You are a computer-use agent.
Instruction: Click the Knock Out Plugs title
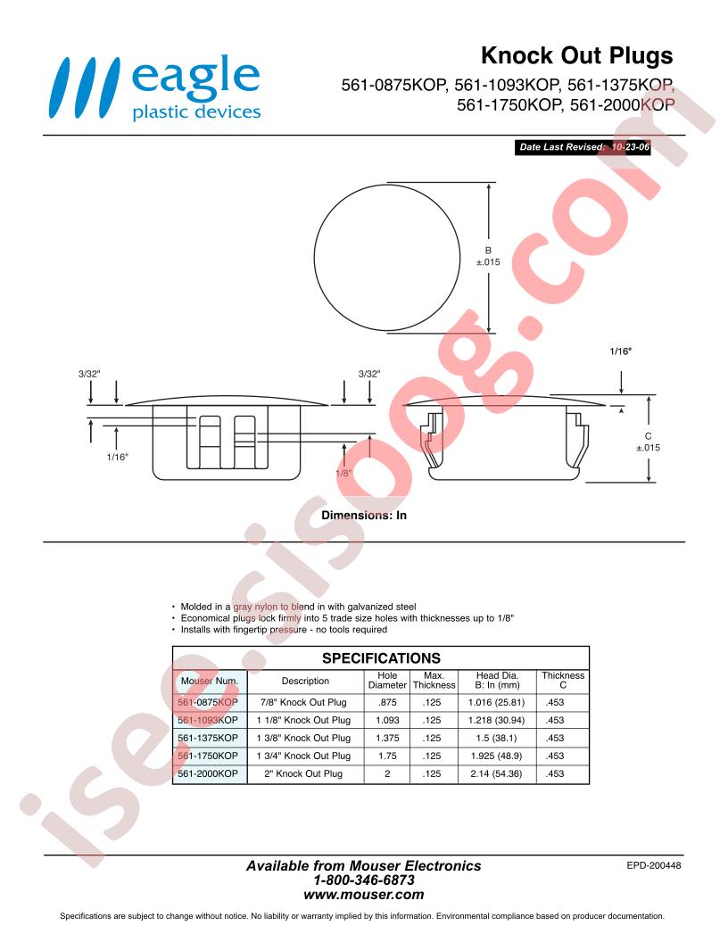click(576, 56)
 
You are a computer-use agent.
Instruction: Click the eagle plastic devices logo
click(155, 87)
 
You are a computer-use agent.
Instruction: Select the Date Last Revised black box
click(583, 147)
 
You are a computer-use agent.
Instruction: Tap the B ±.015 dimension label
click(488, 257)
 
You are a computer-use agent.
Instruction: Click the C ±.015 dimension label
click(648, 442)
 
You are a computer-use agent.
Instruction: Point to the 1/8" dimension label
click(343, 474)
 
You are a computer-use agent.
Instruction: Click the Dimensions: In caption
click(364, 516)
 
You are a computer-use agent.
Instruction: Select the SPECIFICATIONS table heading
click(382, 658)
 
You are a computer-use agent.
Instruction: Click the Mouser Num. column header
click(210, 682)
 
